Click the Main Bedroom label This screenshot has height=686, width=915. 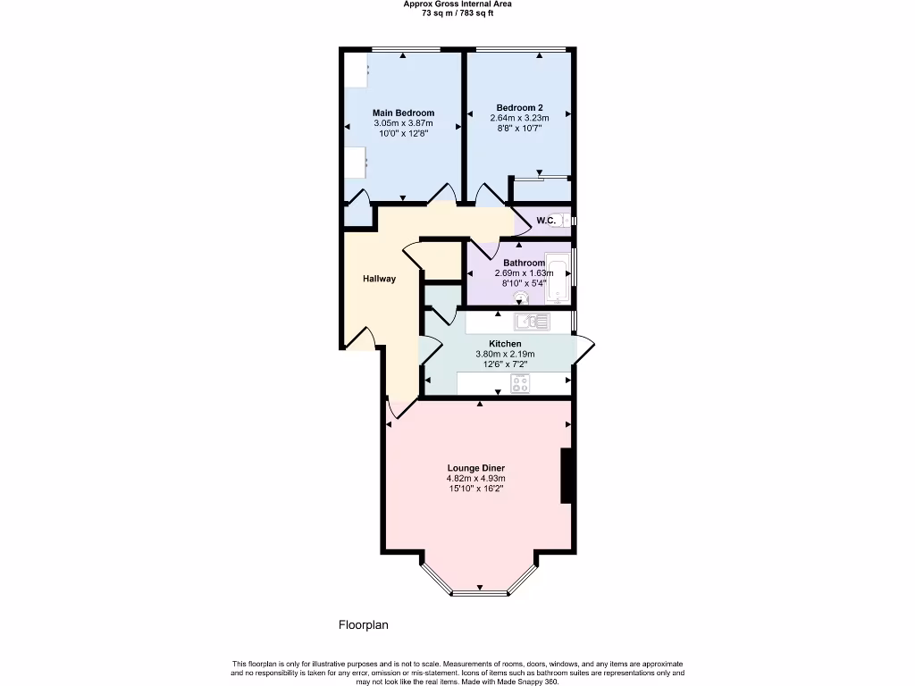(403, 113)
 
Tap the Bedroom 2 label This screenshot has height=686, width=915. (519, 107)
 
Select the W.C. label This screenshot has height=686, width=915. (546, 220)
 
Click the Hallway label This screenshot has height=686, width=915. (379, 279)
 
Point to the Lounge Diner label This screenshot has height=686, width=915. (482, 467)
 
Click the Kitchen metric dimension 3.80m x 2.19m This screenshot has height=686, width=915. (505, 354)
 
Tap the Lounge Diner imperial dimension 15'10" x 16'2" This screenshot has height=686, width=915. (482, 489)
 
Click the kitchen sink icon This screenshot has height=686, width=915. (533, 322)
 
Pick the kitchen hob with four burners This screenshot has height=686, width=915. (520, 384)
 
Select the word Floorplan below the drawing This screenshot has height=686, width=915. (363, 625)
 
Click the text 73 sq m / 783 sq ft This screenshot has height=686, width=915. (457, 13)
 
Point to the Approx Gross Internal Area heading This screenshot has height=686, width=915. (457, 4)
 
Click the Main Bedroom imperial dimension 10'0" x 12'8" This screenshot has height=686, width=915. (403, 133)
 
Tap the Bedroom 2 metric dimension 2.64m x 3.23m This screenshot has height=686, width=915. (519, 118)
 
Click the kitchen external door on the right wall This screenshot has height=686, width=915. (583, 349)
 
